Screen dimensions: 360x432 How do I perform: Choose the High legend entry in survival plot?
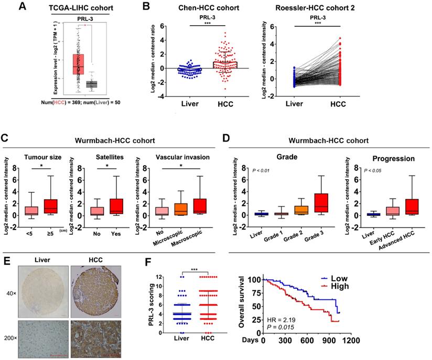351,287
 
